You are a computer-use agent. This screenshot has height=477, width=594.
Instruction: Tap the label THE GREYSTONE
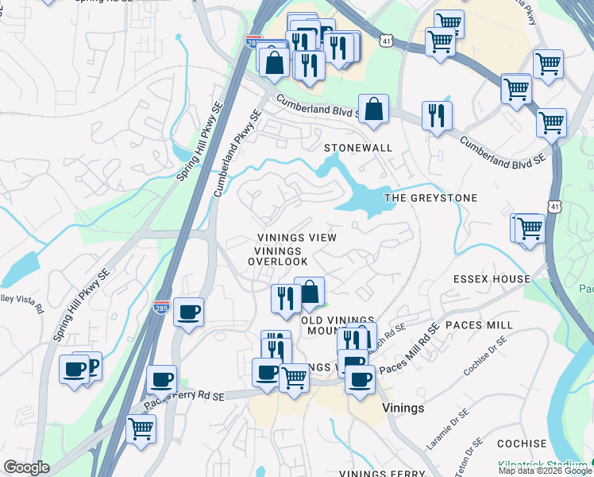[x=431, y=198]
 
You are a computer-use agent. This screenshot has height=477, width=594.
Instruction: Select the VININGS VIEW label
[x=297, y=238]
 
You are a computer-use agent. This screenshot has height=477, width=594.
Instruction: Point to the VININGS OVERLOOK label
[x=277, y=256]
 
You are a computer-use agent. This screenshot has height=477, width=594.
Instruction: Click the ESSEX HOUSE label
[x=492, y=279]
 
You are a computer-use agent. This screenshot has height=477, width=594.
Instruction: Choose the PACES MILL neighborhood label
[x=480, y=325]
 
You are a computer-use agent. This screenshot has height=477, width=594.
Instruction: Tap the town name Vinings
[x=403, y=408]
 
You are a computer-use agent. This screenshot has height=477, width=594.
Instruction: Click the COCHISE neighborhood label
[x=522, y=444]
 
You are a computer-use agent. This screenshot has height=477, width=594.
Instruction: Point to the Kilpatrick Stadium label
[x=544, y=463]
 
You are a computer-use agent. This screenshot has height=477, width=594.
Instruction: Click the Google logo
[x=26, y=467]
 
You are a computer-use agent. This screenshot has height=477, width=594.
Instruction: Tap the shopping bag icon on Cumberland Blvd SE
[x=373, y=109]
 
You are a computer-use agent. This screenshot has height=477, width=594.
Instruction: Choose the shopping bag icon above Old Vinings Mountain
[x=309, y=292]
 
